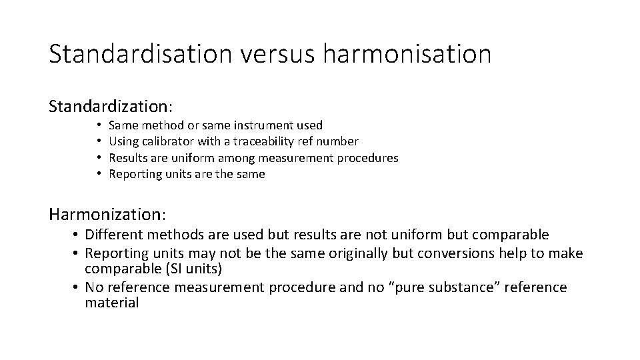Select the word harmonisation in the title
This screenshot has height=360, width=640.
click(407, 54)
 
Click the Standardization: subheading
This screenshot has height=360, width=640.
click(111, 106)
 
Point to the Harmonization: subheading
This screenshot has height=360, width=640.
click(108, 214)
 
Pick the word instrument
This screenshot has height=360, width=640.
click(261, 125)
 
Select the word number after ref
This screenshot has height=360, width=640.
click(337, 141)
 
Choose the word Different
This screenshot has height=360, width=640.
click(117, 235)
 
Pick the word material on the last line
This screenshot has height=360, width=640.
click(111, 303)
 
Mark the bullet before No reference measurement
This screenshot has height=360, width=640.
click(78, 287)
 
